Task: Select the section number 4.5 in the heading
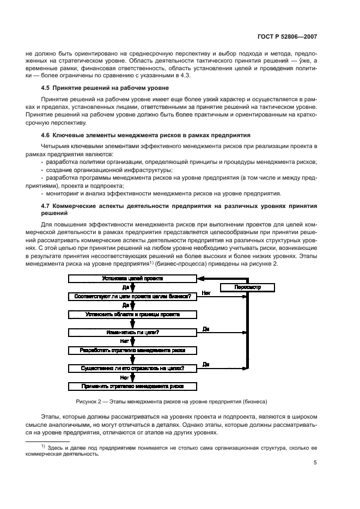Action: (47, 88)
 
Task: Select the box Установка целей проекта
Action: (132, 279)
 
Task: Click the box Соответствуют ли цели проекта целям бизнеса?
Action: (132, 297)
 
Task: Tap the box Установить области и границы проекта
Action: (132, 315)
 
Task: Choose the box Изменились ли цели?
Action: (132, 333)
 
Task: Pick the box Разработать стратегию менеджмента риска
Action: (132, 351)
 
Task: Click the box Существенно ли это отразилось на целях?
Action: (132, 369)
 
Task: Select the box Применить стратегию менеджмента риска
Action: (132, 387)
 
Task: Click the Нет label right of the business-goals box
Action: (206, 293)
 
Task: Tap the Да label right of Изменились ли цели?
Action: (206, 329)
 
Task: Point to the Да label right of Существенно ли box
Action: (206, 365)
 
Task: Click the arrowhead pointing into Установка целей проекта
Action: (200, 279)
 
